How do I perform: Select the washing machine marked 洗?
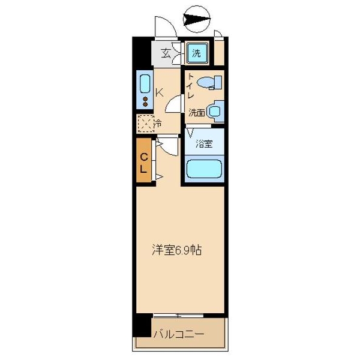(x=197, y=53)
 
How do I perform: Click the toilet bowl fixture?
(x=208, y=83)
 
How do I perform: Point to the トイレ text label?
(x=190, y=87)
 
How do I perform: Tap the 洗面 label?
(x=196, y=112)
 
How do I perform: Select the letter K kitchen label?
(x=160, y=93)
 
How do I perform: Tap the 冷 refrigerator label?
(x=158, y=124)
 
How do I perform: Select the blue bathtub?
(x=204, y=169)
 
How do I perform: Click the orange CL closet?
(x=144, y=162)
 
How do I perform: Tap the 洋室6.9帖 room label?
(x=176, y=250)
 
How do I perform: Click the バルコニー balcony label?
(x=178, y=334)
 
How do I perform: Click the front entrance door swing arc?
(x=164, y=28)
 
